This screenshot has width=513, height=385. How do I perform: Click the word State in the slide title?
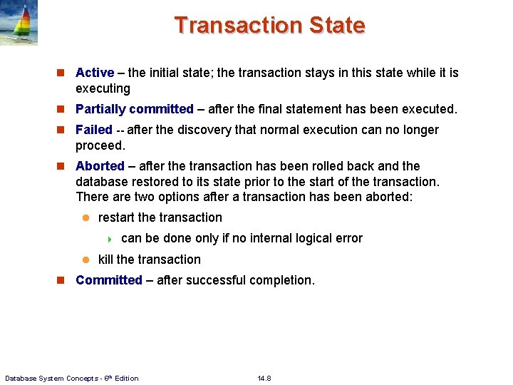click(x=337, y=25)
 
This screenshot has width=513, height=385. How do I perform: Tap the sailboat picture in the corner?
click(x=19, y=23)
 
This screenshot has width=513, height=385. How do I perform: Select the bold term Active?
click(x=95, y=73)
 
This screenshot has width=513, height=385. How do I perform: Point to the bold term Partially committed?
click(x=135, y=109)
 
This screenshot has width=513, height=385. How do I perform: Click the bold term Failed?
click(x=94, y=130)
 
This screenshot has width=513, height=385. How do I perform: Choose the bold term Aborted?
click(x=100, y=166)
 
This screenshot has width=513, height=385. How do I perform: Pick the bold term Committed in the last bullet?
click(x=109, y=280)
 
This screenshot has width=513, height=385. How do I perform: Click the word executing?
click(x=103, y=88)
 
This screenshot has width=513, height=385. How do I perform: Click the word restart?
click(x=117, y=217)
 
